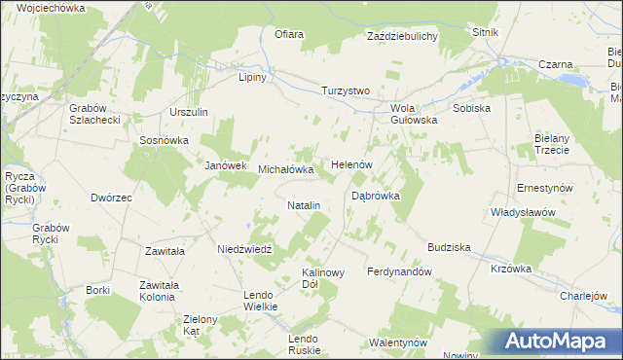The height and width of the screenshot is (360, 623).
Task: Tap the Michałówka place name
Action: click(x=286, y=169)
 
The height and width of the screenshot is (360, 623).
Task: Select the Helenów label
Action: click(x=352, y=164)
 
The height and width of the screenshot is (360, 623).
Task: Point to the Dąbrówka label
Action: click(x=376, y=196)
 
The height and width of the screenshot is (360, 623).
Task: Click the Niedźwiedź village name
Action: click(x=249, y=248)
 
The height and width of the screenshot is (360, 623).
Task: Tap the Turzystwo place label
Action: click(x=347, y=90)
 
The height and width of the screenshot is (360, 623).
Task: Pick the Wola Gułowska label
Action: click(x=414, y=114)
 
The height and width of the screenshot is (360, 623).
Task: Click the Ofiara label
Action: click(x=289, y=35)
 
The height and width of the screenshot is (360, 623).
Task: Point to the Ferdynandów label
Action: click(x=399, y=271)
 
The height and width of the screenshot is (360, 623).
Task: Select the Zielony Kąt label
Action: click(x=205, y=325)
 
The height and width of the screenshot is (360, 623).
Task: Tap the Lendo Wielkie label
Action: click(x=261, y=300)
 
